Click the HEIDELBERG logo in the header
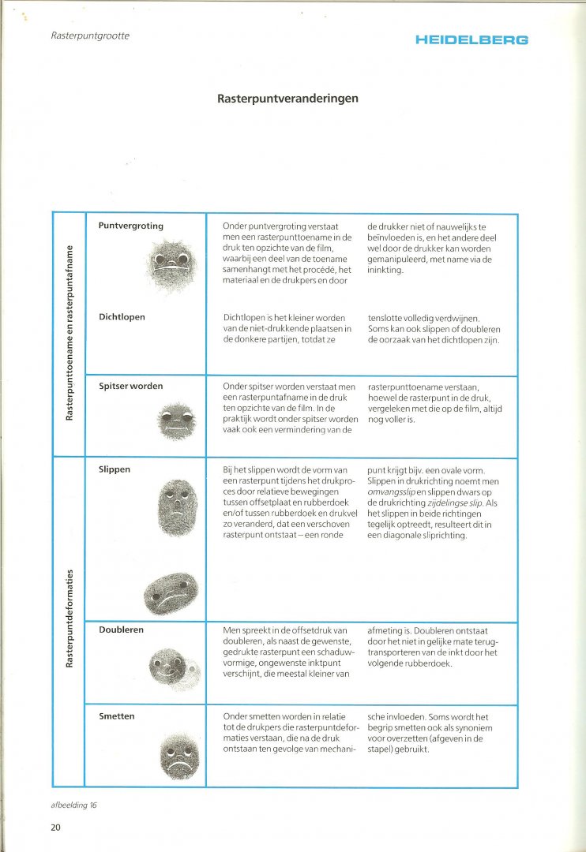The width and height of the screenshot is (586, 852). (471, 39)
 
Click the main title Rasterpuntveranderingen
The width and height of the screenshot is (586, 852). (287, 99)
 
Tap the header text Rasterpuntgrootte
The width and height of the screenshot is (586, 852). (89, 35)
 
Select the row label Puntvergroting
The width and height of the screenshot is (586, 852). (130, 226)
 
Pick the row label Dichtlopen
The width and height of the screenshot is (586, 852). (122, 317)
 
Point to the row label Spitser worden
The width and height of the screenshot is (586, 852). (130, 386)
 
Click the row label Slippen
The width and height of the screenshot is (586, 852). (115, 469)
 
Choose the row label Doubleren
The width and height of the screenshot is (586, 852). (121, 630)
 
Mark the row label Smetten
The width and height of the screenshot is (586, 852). (117, 716)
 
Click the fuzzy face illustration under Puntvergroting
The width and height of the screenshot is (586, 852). (171, 264)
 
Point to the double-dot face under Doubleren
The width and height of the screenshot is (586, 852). (170, 667)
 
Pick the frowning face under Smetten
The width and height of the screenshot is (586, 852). (178, 753)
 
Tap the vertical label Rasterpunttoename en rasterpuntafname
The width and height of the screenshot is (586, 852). (69, 332)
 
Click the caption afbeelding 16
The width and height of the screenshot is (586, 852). (75, 805)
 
